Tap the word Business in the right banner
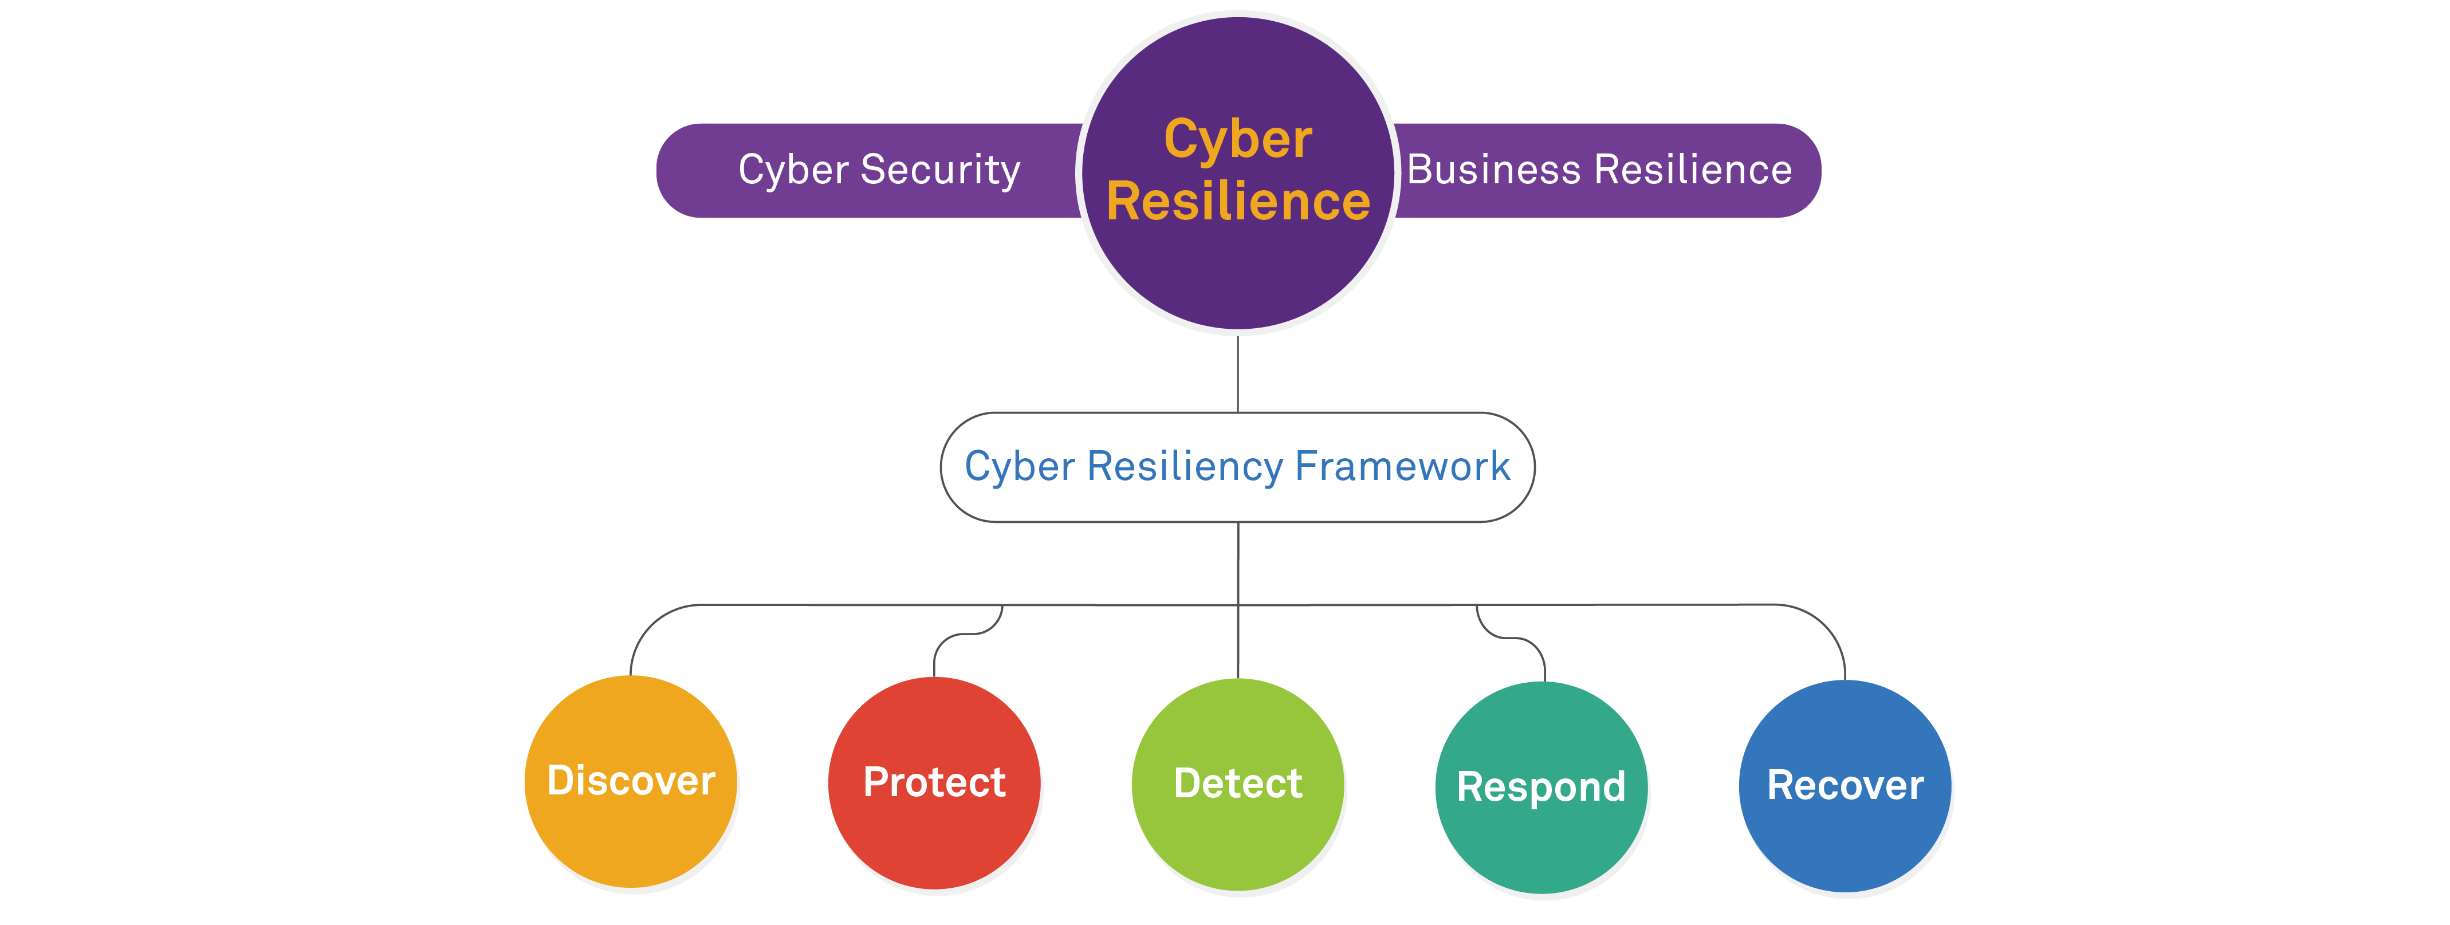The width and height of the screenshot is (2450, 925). coord(1494,170)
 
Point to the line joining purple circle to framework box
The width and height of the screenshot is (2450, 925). coord(1237,373)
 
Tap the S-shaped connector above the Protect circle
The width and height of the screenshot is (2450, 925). coord(968,633)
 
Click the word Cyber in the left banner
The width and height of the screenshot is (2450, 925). coord(792,170)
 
